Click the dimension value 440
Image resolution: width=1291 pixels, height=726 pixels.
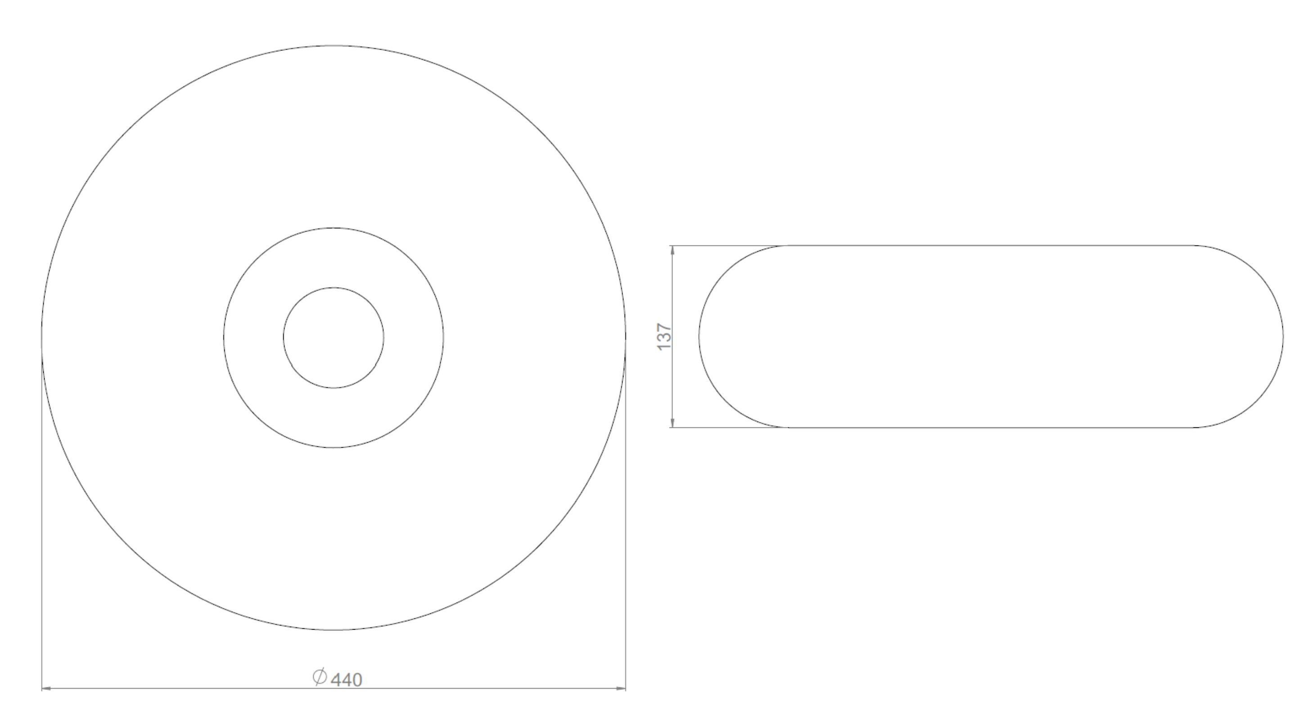click(347, 680)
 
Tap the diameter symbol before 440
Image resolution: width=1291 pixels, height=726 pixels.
click(320, 677)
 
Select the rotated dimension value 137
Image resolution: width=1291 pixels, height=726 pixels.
click(664, 337)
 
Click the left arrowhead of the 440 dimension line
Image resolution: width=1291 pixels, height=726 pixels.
click(45, 689)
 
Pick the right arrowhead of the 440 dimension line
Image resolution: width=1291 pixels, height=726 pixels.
click(622, 689)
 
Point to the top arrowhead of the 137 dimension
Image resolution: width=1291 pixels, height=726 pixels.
click(672, 250)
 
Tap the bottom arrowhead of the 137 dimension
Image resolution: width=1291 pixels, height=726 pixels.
click(672, 423)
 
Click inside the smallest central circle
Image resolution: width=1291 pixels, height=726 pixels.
click(334, 337)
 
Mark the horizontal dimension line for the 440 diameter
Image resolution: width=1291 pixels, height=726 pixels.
click(200, 689)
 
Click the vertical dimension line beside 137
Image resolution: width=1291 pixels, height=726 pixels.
click(672, 381)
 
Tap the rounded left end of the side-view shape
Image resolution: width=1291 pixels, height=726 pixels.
click(700, 336)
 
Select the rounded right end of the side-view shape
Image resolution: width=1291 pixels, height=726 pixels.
click(1283, 336)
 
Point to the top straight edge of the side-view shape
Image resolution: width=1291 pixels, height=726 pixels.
click(992, 245)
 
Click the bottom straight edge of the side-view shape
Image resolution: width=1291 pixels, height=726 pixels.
click(992, 428)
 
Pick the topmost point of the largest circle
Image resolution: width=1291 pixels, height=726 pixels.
click(334, 45)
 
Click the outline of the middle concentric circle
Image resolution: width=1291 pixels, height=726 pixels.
click(443, 337)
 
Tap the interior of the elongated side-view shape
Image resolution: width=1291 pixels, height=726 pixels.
click(992, 336)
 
